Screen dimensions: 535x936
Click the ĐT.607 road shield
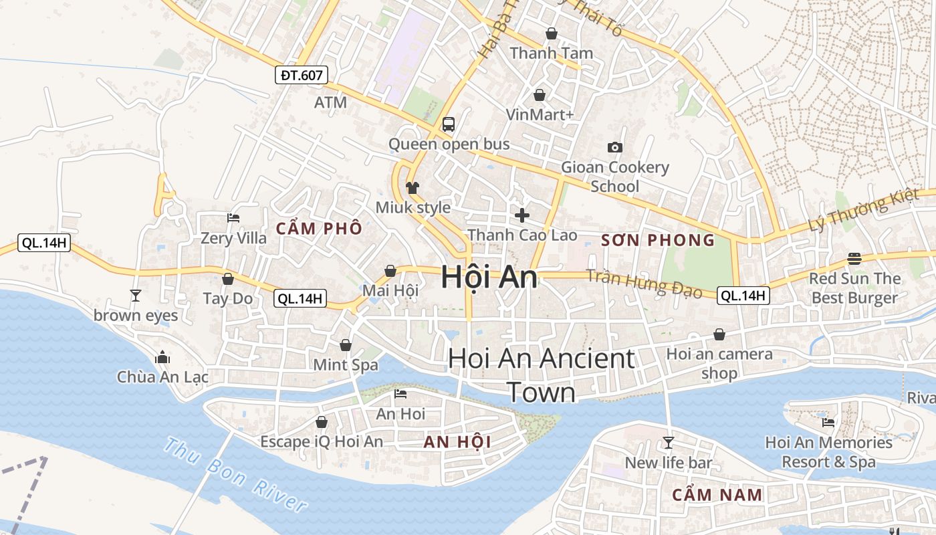pos(302,75)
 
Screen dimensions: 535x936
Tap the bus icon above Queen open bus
pos(449,124)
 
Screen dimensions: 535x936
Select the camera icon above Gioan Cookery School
pos(614,147)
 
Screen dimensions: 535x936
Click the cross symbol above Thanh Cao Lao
pos(521,215)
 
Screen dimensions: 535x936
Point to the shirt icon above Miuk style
pos(412,187)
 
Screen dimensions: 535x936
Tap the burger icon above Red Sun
pos(854,258)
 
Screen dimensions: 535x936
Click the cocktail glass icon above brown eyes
pos(136,295)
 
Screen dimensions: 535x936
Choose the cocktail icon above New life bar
pos(668,442)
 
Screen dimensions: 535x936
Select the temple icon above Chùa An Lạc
pos(162,358)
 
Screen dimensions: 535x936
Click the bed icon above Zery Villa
pos(233,218)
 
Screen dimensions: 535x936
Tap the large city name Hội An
pos(489,278)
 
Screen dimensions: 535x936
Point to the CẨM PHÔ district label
pos(319,229)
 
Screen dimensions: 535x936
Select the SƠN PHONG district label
pos(658,240)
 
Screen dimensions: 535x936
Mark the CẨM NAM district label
pos(717,496)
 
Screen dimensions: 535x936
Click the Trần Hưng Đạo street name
pos(645,284)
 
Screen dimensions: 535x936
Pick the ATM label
pos(330,102)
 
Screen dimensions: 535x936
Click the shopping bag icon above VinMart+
pos(539,96)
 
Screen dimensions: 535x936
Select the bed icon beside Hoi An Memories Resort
pos(828,422)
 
